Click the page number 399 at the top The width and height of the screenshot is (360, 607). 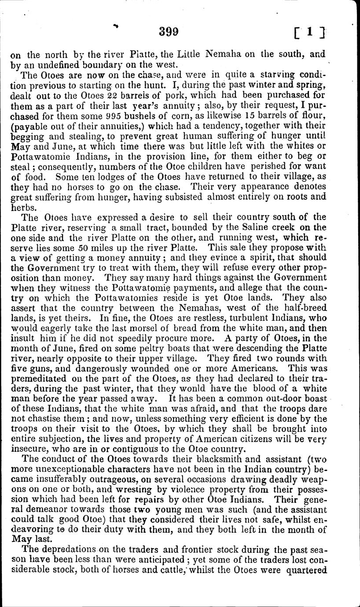coord(169,32)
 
